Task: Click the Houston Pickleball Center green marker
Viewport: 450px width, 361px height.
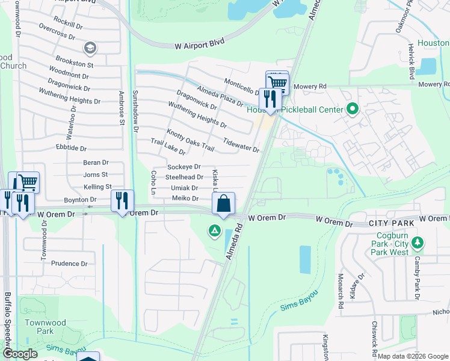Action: point(353,109)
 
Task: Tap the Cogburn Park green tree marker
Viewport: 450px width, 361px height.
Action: point(418,244)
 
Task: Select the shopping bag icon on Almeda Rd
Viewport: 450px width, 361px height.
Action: point(224,203)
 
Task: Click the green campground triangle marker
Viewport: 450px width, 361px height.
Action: point(214,230)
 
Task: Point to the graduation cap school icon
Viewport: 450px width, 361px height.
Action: point(90,48)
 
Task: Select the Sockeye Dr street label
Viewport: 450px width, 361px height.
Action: point(183,167)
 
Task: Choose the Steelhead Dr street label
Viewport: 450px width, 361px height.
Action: point(184,177)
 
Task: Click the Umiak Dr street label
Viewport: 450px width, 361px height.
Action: point(185,188)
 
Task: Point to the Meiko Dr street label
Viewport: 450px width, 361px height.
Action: point(185,198)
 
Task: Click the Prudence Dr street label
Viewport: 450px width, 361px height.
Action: point(69,264)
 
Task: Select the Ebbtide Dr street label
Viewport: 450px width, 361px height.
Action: point(72,148)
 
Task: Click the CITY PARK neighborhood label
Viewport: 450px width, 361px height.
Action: point(390,223)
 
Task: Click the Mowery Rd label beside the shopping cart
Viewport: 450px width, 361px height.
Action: point(314,87)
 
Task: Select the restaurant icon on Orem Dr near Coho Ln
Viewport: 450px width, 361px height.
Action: point(122,200)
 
